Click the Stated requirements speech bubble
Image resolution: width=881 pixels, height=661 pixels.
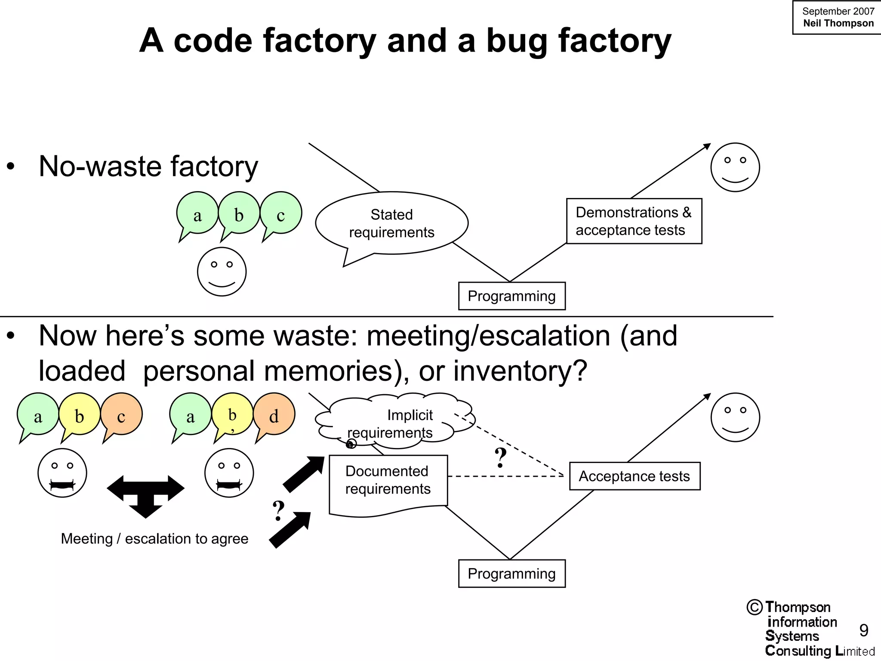click(x=391, y=223)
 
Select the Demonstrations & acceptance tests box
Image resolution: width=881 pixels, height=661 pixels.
click(x=634, y=221)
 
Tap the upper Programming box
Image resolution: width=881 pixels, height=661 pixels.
click(x=511, y=296)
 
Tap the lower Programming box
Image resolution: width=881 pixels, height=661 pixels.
click(x=511, y=574)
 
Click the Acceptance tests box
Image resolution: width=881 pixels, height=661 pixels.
click(x=635, y=476)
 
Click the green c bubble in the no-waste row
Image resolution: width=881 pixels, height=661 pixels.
click(x=281, y=213)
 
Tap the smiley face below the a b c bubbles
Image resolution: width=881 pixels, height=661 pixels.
click(x=222, y=272)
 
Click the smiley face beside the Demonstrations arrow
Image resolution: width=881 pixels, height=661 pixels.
click(x=735, y=167)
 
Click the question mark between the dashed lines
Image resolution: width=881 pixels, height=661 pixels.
click(x=501, y=458)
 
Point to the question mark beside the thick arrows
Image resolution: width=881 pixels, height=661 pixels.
click(x=279, y=511)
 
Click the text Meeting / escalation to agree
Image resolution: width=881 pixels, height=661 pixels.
click(x=154, y=539)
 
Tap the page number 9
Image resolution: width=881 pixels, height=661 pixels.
click(x=863, y=630)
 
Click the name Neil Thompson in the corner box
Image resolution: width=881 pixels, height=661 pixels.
click(x=838, y=23)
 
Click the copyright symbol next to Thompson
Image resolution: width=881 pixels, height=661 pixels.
click(x=755, y=607)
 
